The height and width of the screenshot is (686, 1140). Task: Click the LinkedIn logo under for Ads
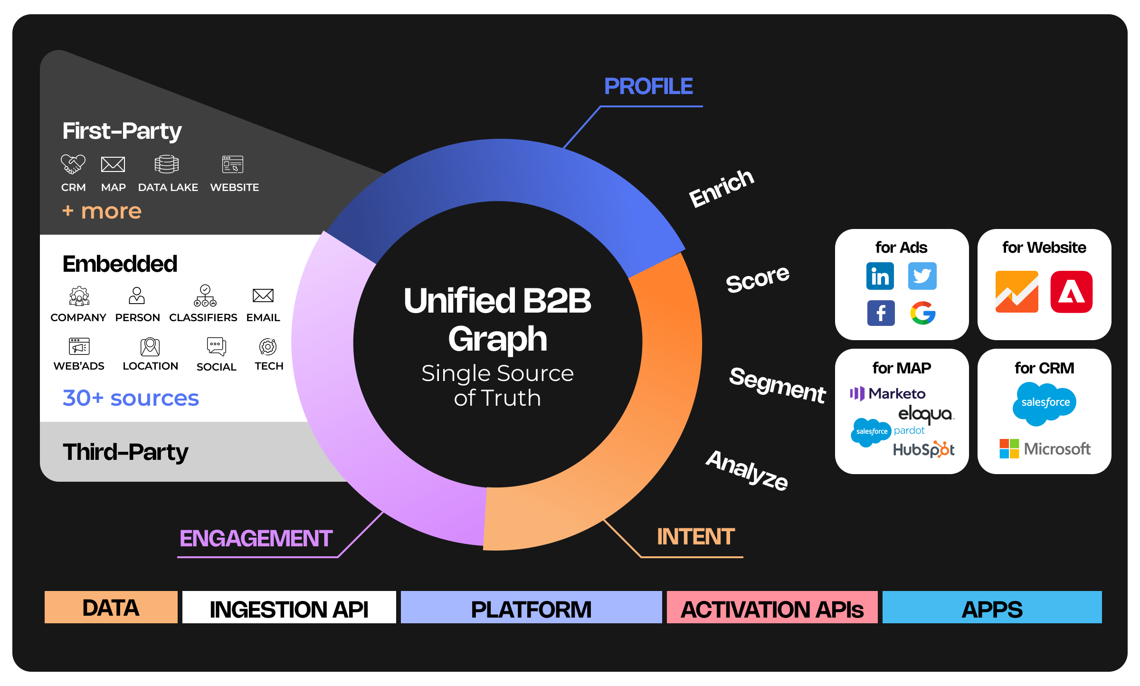point(880,276)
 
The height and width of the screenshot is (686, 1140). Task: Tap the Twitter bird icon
point(922,276)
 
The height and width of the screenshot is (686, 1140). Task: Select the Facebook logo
point(881,313)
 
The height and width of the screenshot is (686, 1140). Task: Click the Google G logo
point(922,313)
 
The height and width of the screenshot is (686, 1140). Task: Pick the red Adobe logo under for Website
point(1071,292)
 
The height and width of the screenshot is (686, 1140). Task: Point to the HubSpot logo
point(923,449)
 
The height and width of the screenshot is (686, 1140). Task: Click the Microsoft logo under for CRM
point(1045,448)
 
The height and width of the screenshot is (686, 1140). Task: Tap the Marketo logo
point(887,393)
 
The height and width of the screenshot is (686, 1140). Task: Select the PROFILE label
point(648,86)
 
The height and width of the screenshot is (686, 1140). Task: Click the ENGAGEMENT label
point(256,538)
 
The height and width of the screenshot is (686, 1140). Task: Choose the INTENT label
point(695,537)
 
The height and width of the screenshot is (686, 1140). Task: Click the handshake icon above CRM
point(73,164)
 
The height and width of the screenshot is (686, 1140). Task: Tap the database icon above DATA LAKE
point(167,164)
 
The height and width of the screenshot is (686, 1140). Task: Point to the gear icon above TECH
point(268,347)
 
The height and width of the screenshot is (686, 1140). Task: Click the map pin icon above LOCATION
point(150,347)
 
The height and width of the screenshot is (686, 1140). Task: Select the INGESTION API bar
point(289,608)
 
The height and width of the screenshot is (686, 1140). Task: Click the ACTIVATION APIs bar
point(772,608)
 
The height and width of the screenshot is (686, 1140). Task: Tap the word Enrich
point(721,189)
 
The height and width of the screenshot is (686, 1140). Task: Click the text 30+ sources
point(131,398)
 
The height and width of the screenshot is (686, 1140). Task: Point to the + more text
point(102,211)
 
